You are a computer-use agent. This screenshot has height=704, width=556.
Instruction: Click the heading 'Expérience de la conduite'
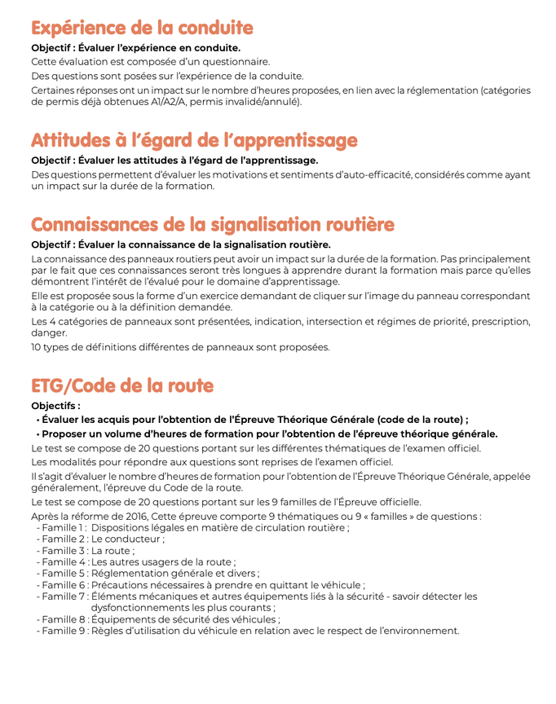tap(142, 28)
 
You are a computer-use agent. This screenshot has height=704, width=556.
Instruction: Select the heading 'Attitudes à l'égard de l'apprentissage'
tap(194, 140)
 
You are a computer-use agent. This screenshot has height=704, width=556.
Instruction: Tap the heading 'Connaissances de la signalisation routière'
tap(213, 224)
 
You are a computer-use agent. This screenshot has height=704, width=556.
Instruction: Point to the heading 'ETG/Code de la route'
tap(122, 385)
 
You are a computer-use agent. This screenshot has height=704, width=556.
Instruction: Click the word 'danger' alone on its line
tap(48, 332)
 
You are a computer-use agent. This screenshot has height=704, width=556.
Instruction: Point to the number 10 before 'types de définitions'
tap(37, 347)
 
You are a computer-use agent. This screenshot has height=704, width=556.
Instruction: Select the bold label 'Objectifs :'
tap(55, 405)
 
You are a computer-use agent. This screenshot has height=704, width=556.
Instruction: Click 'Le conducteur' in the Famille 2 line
tap(127, 539)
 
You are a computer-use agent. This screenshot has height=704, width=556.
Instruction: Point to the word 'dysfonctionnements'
tap(141, 608)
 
